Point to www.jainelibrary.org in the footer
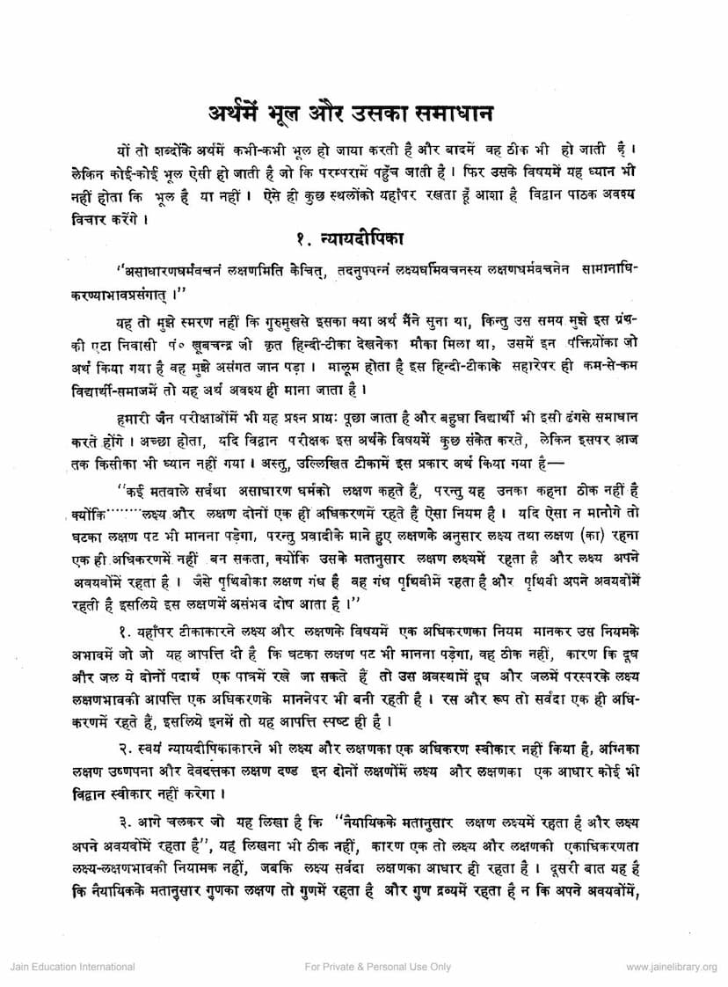tap(672, 967)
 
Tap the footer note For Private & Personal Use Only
tap(378, 967)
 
